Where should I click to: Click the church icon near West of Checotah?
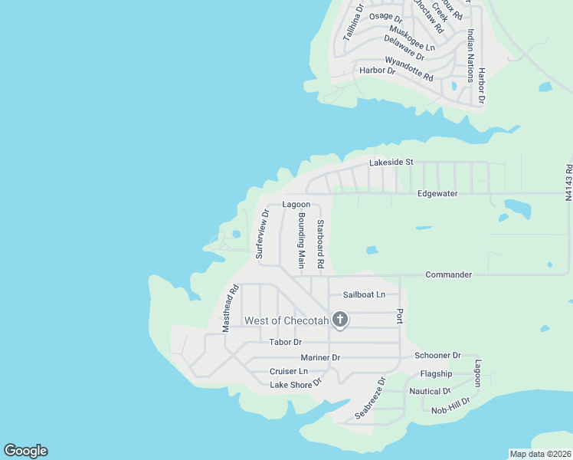pyautogui.click(x=340, y=319)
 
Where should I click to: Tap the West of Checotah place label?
pyautogui.click(x=286, y=320)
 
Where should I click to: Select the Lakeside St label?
pyautogui.click(x=391, y=163)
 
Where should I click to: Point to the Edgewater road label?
pyautogui.click(x=437, y=194)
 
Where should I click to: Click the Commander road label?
pyautogui.click(x=448, y=274)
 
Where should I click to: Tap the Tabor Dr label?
pyautogui.click(x=286, y=342)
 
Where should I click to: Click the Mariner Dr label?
pyautogui.click(x=320, y=357)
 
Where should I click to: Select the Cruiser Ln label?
pyautogui.click(x=288, y=372)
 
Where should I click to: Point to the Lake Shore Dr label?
pyautogui.click(x=294, y=384)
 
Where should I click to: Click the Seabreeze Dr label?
pyautogui.click(x=370, y=398)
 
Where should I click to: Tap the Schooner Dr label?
pyautogui.click(x=437, y=356)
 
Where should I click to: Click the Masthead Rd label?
pyautogui.click(x=231, y=308)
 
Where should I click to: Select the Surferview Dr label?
pyautogui.click(x=262, y=234)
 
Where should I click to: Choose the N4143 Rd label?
pyautogui.click(x=568, y=182)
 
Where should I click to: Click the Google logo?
pyautogui.click(x=25, y=451)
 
